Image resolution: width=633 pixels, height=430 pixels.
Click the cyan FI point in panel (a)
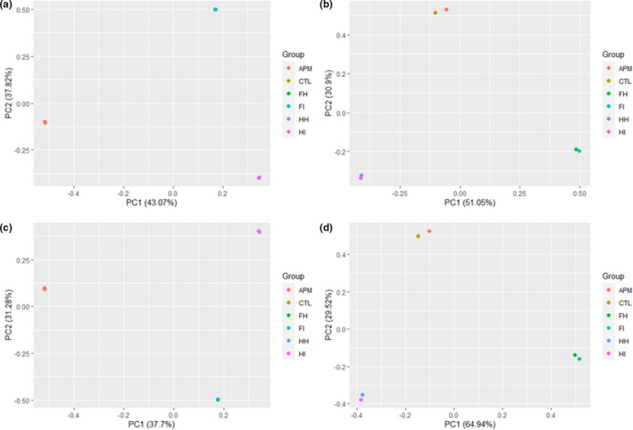click(x=215, y=10)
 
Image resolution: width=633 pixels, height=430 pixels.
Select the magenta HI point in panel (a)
click(x=259, y=178)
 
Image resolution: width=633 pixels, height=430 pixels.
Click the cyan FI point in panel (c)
click(x=218, y=400)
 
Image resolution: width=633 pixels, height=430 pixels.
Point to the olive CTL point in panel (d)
click(x=418, y=236)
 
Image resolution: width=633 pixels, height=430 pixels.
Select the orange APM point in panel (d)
click(x=429, y=231)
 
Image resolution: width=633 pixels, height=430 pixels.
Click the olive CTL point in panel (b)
click(x=436, y=12)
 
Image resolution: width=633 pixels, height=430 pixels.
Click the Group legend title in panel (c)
click(x=296, y=276)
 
